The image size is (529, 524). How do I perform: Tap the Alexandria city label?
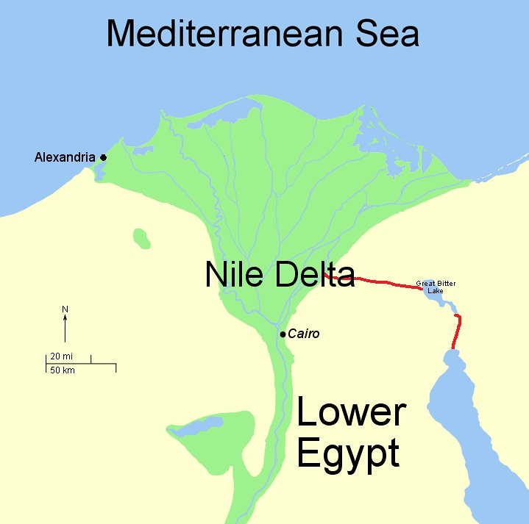pos(65,157)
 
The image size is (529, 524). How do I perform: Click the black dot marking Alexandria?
pos(104,157)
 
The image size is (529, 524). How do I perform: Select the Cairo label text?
pos(304,334)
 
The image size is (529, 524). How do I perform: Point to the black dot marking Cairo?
pos(283,334)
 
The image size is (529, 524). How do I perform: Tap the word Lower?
pos(351,414)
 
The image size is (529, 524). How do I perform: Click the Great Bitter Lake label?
pos(436,287)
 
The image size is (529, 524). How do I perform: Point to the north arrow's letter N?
pos(65,309)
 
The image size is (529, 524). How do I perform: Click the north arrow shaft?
pos(65,329)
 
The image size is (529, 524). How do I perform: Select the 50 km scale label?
pos(62,370)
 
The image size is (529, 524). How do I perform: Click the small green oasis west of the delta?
pos(141,238)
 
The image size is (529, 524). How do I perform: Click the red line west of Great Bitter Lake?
pos(383,281)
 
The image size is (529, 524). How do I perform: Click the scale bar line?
pos(81,363)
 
